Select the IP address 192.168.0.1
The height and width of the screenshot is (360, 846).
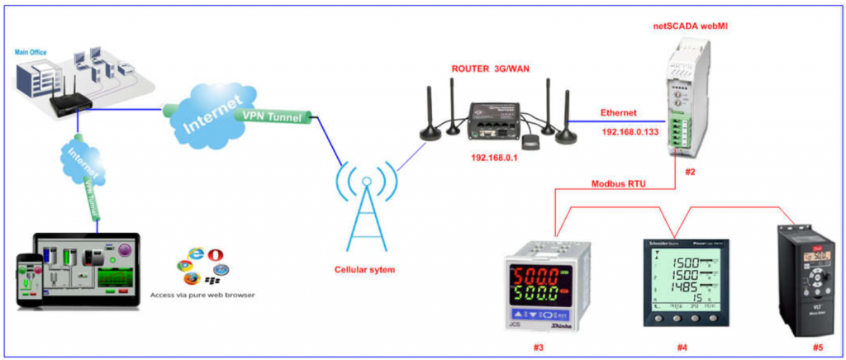(494, 157)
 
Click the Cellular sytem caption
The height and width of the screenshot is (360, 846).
(365, 269)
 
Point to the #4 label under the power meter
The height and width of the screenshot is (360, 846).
(682, 347)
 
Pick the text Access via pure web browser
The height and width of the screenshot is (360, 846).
(202, 293)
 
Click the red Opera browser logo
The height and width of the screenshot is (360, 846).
(216, 254)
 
